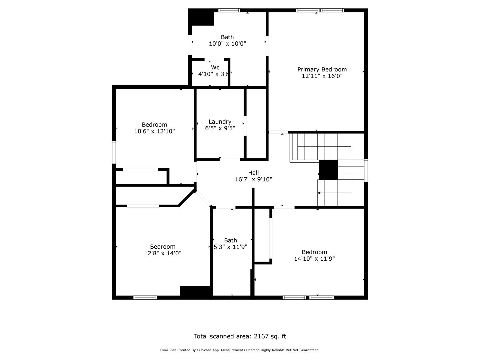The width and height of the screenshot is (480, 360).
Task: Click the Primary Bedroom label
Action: coord(322,69)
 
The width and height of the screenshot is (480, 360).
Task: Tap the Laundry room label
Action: coord(220,121)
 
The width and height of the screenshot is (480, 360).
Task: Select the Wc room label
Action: coord(215,67)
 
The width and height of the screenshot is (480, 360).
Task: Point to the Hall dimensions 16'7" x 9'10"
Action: coord(253,179)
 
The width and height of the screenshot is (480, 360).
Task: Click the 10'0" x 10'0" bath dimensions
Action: coord(227,43)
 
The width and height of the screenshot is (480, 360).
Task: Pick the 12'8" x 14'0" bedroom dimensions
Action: coord(163,253)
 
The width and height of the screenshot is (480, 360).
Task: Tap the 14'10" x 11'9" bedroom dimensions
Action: coord(314,259)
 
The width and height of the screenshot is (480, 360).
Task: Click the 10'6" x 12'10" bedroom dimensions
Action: coord(154,131)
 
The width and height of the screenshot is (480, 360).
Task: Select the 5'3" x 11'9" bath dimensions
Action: coord(230,247)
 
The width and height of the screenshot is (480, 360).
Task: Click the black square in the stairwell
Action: coord(328,169)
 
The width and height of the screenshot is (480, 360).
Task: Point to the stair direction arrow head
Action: coord(319,193)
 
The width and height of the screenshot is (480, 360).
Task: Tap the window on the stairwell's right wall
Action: coord(366,170)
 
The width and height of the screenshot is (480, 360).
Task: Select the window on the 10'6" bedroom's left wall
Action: coord(114,152)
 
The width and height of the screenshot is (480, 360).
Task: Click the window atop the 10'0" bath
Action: coord(229,10)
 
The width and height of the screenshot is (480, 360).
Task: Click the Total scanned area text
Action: coord(240,336)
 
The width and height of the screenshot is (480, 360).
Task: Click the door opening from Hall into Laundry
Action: coord(230,159)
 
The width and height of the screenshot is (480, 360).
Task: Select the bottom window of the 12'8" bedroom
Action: coord(145,298)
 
